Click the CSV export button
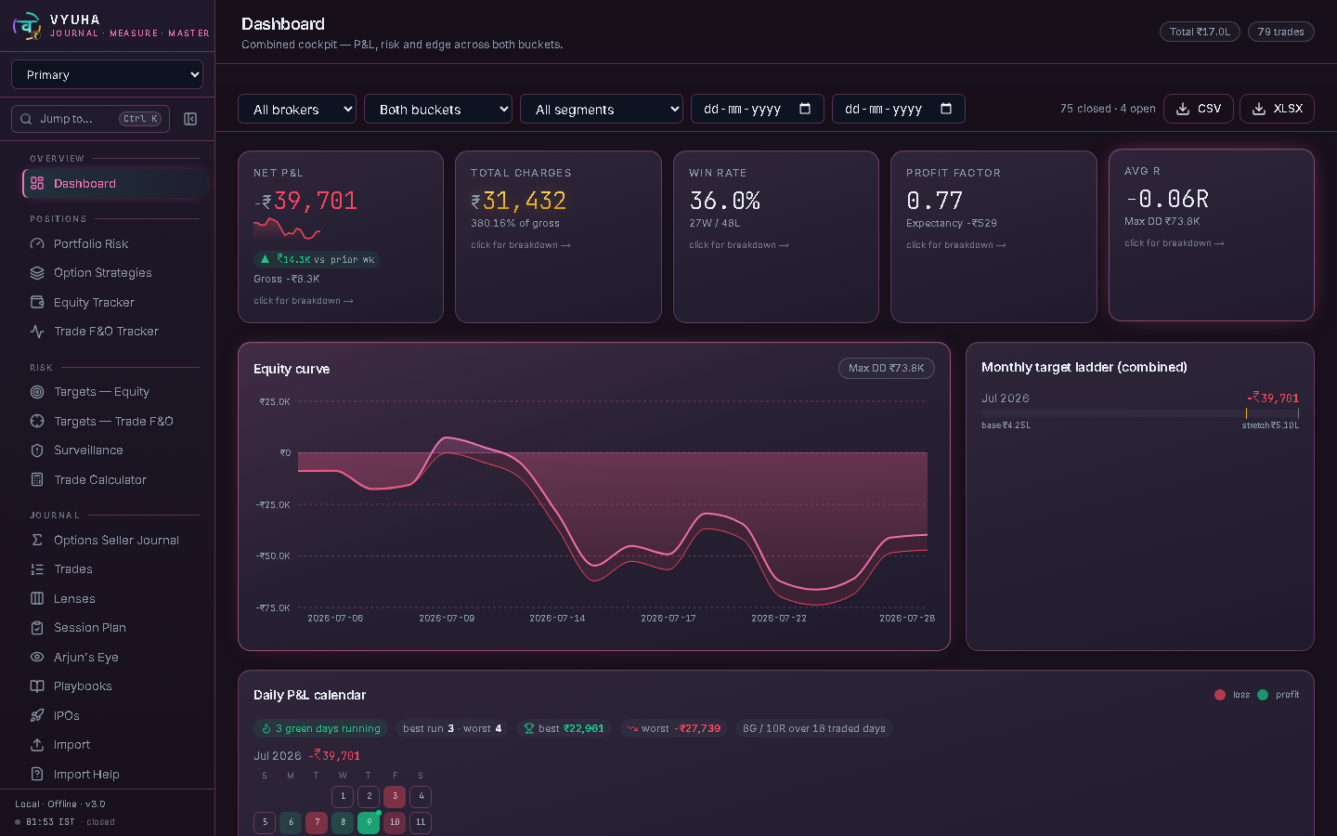point(1198,109)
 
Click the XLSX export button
point(1277,109)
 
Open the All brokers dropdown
point(297,110)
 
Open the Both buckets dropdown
point(438,110)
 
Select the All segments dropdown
point(602,110)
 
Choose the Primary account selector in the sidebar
point(108,74)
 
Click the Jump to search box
point(91,119)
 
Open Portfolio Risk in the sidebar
point(91,243)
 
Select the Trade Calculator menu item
point(99,479)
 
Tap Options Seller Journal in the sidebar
point(116,540)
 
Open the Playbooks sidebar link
point(83,686)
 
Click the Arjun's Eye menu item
point(86,657)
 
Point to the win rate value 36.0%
point(724,201)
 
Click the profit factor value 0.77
point(934,201)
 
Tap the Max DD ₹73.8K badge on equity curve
point(887,368)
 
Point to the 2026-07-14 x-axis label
point(557,618)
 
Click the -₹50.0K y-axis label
point(273,555)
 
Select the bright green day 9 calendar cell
point(369,822)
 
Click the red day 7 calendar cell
point(317,822)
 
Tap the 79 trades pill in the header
point(1281,32)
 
